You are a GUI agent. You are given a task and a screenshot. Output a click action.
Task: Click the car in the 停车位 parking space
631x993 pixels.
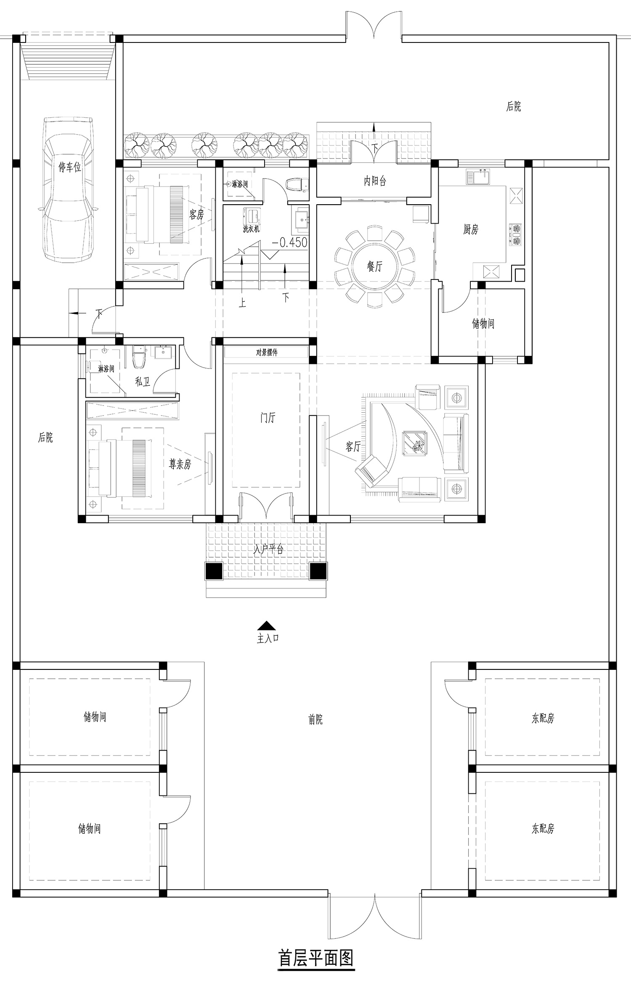tap(69, 190)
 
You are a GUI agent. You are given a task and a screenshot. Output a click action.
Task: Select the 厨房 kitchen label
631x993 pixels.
tap(471, 229)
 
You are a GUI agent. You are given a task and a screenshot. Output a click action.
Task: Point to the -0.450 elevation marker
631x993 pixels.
tap(289, 242)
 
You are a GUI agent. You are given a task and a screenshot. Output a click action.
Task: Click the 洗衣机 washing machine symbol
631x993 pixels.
tap(252, 216)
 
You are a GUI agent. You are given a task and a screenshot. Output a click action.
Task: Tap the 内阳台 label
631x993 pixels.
tap(375, 181)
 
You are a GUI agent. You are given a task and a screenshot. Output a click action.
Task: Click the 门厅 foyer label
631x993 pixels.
tap(268, 418)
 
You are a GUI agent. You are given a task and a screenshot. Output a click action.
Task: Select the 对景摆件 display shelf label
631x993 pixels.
tap(267, 352)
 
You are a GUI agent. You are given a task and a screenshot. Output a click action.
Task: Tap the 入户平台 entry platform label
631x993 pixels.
tap(268, 549)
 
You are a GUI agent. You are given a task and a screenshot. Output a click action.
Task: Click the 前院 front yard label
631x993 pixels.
tap(315, 719)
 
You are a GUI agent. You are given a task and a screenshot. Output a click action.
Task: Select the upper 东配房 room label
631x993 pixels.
tap(543, 718)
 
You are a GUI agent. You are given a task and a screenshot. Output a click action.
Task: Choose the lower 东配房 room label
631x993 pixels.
tap(543, 829)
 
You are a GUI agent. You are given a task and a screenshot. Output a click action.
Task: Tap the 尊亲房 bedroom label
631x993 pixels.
tap(180, 464)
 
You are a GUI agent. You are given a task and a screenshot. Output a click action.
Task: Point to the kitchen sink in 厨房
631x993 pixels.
tap(478, 176)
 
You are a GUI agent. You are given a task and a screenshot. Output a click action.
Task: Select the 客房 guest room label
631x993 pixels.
tap(196, 215)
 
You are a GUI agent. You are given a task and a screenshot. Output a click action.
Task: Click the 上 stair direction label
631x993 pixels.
tap(242, 303)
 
